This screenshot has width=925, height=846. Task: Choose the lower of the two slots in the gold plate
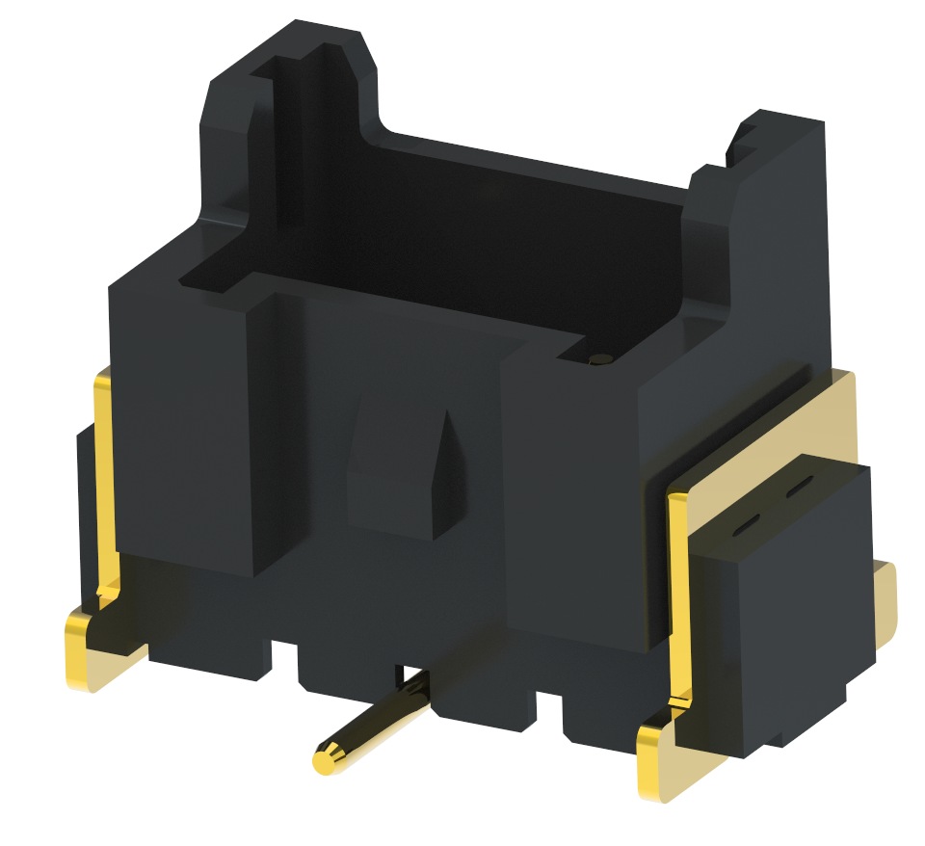click(748, 527)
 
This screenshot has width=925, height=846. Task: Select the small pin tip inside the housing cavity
click(599, 360)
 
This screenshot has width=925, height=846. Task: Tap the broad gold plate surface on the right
click(819, 424)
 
